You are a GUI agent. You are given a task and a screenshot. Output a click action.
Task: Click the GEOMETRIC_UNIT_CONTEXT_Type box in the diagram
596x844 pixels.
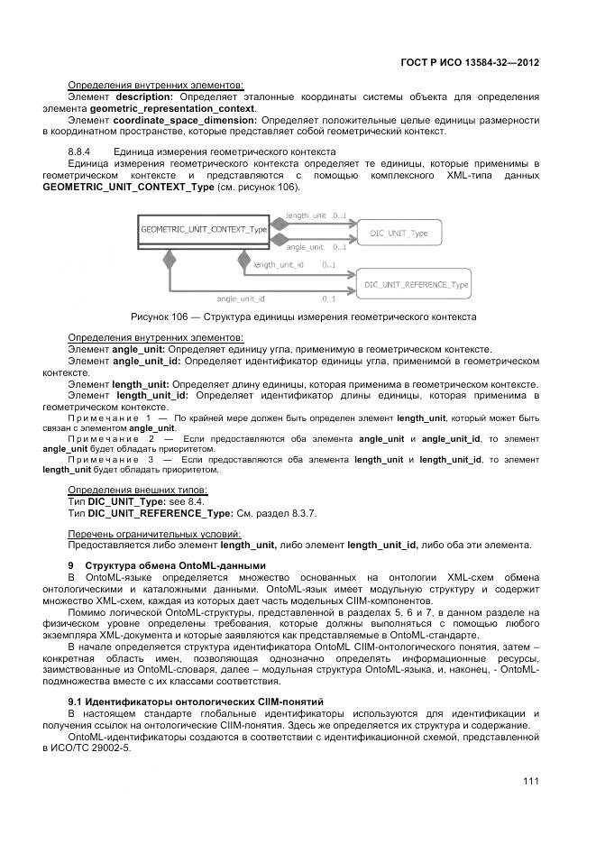pyautogui.click(x=205, y=230)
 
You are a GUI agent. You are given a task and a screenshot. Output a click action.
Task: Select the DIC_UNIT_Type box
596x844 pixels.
pyautogui.click(x=399, y=234)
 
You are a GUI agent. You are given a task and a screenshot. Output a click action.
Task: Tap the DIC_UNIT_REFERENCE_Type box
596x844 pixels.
pyautogui.click(x=416, y=285)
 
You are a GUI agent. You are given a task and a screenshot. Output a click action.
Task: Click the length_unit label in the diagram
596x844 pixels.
pyautogui.click(x=306, y=216)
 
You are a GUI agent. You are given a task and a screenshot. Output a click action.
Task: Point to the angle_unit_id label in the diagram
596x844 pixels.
pyautogui.click(x=240, y=298)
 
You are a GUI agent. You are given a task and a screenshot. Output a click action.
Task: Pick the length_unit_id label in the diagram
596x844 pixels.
pyautogui.click(x=279, y=265)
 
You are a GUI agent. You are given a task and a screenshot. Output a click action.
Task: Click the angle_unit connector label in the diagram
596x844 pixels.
pyautogui.click(x=305, y=246)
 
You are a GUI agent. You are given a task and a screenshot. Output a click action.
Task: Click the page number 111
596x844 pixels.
pyautogui.click(x=530, y=781)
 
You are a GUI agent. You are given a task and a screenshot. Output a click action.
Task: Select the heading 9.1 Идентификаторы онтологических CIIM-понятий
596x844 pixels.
pyautogui.click(x=197, y=701)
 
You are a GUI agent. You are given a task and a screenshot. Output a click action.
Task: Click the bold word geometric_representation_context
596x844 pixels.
pyautogui.click(x=184, y=107)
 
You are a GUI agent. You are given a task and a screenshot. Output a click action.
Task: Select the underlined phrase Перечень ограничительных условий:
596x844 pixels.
pyautogui.click(x=149, y=533)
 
